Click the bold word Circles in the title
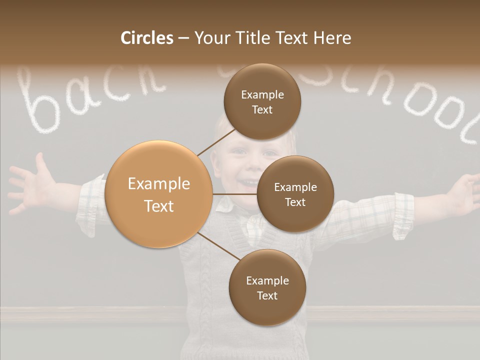147,38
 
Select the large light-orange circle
159,194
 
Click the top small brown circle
262,101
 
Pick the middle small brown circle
295,194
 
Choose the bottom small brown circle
267,287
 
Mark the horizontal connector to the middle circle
235,194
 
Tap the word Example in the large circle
159,184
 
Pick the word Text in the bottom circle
267,295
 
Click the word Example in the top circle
262,94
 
